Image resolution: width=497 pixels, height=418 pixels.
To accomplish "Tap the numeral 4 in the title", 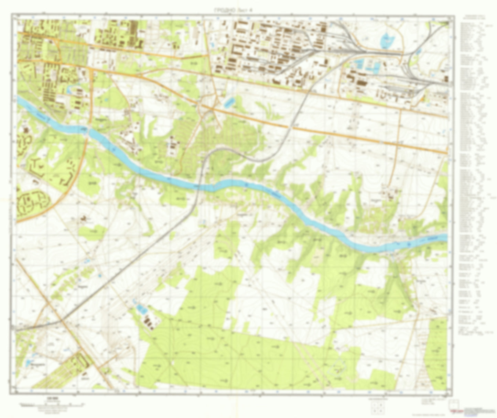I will (251, 11).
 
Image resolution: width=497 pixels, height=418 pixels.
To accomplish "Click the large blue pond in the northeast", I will (387, 41).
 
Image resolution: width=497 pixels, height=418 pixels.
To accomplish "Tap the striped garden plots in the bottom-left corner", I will (62, 371).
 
